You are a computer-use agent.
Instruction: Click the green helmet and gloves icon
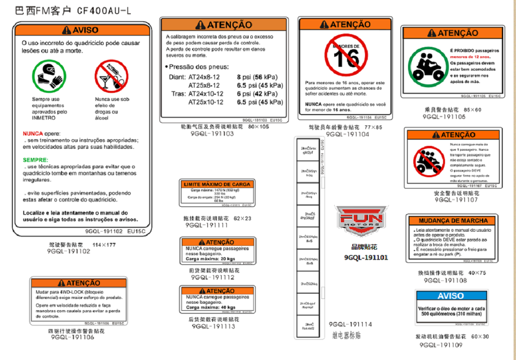pyautogui.click(x=47, y=76)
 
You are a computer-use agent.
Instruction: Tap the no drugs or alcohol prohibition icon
pyautogui.click(x=111, y=76)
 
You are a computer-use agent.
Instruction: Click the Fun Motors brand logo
pyautogui.click(x=362, y=220)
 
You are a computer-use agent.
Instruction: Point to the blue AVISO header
pyautogui.click(x=451, y=296)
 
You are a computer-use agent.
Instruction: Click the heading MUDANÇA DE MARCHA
pyautogui.click(x=453, y=221)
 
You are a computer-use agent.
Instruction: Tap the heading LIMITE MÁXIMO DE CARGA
pyautogui.click(x=217, y=184)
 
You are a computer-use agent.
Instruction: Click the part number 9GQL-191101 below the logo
pyautogui.click(x=366, y=258)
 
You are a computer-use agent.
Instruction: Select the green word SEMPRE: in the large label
pyautogui.click(x=36, y=160)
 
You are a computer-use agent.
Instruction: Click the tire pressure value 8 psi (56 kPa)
pyautogui.click(x=257, y=77)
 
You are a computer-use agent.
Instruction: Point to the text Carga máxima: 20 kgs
pyautogui.click(x=210, y=259)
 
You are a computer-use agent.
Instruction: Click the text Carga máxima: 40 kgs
pyautogui.click(x=210, y=307)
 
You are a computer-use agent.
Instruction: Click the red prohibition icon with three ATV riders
pyautogui.click(x=428, y=161)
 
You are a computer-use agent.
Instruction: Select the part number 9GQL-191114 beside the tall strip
pyautogui.click(x=350, y=324)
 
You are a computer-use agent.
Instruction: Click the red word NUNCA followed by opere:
pyautogui.click(x=33, y=134)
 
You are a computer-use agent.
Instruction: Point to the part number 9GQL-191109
pyautogui.click(x=441, y=345)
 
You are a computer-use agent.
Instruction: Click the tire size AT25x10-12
pyautogui.click(x=206, y=102)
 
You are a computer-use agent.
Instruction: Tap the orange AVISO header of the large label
pyautogui.click(x=82, y=30)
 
